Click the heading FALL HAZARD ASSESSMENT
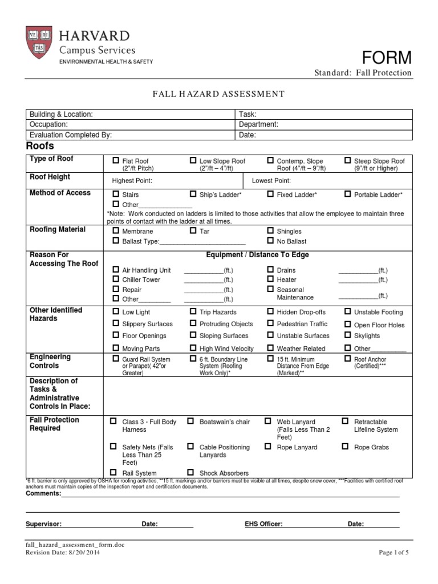(x=218, y=94)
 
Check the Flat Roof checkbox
(x=116, y=161)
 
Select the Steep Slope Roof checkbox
(x=347, y=161)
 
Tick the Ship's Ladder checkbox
(x=193, y=194)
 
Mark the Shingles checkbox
(x=270, y=231)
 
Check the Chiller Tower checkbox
(x=116, y=279)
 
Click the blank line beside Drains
(x=358, y=270)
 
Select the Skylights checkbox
(x=347, y=336)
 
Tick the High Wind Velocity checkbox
(x=193, y=348)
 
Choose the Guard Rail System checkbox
(x=116, y=359)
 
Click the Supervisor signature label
(x=44, y=524)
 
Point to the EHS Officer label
(x=263, y=524)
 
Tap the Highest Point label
(x=132, y=181)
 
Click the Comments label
(x=43, y=493)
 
